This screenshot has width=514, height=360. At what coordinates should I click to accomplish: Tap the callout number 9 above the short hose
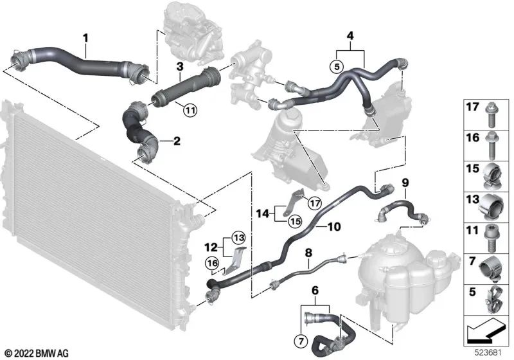pyautogui.click(x=405, y=183)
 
